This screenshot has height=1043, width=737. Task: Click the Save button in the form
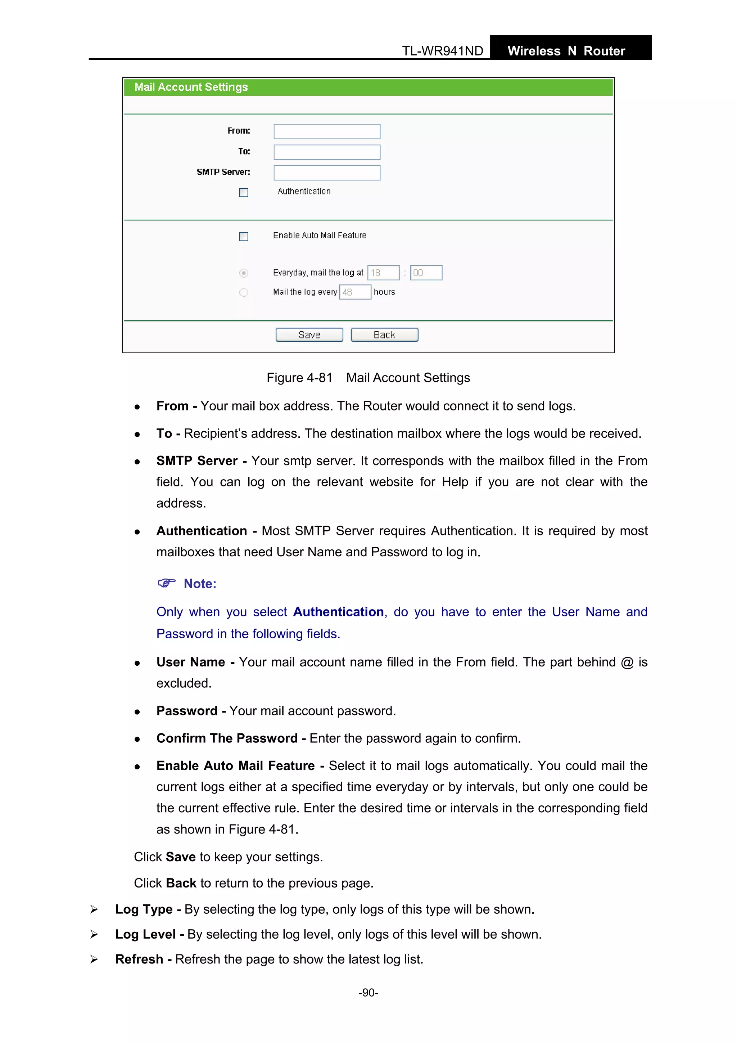[309, 335]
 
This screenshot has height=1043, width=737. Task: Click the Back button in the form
[384, 335]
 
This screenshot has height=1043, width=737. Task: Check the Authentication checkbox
[244, 193]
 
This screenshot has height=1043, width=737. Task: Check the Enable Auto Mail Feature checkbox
[244, 237]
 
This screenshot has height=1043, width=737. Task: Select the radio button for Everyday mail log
[244, 273]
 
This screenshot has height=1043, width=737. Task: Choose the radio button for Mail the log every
[244, 292]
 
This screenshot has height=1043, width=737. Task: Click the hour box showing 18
[383, 273]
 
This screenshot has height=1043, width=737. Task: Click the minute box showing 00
[426, 273]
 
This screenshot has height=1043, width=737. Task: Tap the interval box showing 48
[355, 292]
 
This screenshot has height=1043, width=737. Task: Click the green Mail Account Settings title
[191, 87]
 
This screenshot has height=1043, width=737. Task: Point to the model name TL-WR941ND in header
[442, 51]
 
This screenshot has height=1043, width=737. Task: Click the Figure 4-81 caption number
[299, 378]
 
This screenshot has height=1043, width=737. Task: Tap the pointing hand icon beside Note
[166, 583]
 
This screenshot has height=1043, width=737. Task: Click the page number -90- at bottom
[368, 993]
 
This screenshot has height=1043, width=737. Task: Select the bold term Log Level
[145, 934]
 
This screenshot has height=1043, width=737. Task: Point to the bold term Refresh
[139, 959]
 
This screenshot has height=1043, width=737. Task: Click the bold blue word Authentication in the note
[338, 612]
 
